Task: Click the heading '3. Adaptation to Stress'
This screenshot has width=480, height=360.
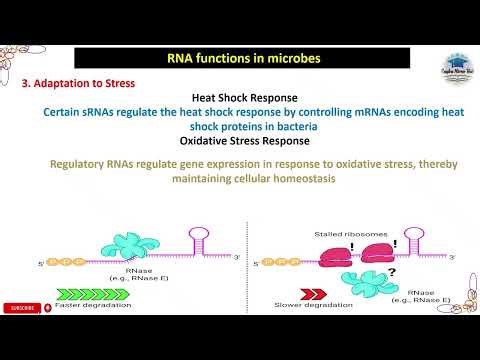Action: tap(79, 84)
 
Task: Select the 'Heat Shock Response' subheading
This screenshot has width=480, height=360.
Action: tap(240, 99)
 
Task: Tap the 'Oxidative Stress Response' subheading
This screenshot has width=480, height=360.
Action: tap(240, 141)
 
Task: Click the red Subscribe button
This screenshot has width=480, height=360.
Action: tap(23, 308)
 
